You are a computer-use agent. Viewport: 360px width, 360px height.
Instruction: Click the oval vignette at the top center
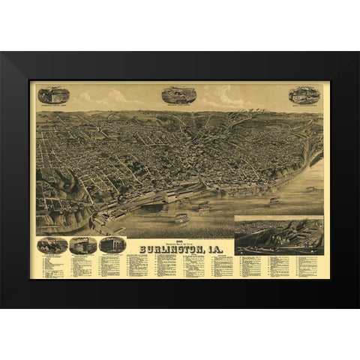(x=178, y=94)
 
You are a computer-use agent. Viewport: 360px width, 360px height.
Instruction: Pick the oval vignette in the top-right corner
(x=304, y=95)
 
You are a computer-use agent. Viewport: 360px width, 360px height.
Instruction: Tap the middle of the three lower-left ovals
(x=82, y=244)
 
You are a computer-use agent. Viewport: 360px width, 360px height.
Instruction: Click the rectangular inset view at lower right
(x=279, y=234)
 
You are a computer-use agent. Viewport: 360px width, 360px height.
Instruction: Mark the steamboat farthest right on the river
(x=310, y=189)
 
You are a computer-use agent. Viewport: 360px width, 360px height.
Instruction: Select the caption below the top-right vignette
(x=304, y=106)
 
